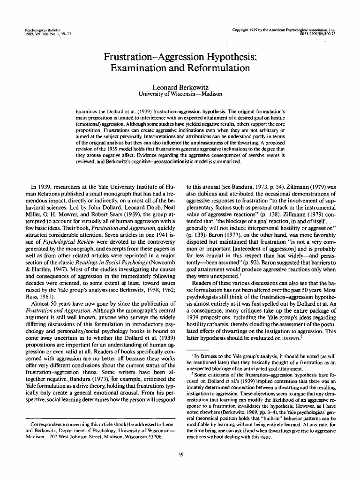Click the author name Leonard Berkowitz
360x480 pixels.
click(x=180, y=87)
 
